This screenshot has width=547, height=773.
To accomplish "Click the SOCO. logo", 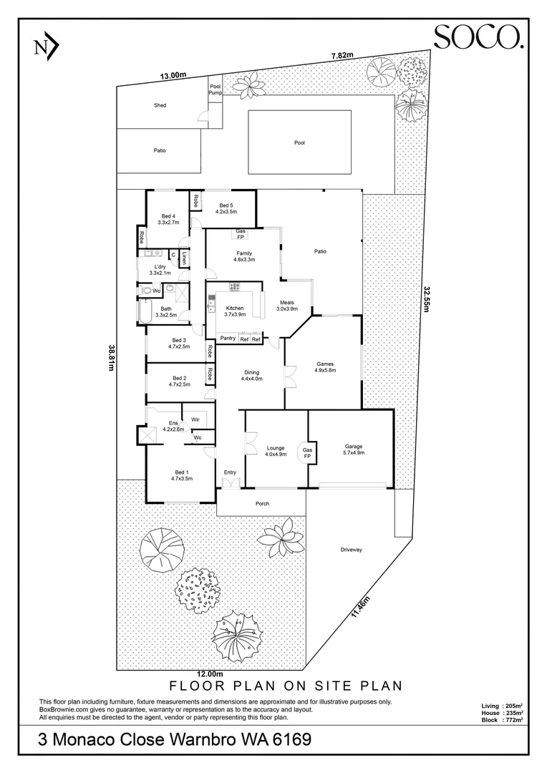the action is point(478,37).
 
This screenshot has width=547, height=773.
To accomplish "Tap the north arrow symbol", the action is point(47,47).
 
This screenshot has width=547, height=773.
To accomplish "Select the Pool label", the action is point(299,142).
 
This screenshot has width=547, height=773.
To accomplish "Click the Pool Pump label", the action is point(216,89).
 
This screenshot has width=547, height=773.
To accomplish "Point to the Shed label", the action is point(160,105).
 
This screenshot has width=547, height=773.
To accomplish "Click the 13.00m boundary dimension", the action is point(173,75).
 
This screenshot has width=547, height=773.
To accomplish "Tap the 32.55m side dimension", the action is point(427,298).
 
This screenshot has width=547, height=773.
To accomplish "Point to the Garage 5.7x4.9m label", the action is point(354,449).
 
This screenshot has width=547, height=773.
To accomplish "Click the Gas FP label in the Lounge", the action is point(307,453).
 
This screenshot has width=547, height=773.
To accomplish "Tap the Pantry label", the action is point(228,338).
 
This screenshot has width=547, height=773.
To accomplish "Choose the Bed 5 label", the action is point(226,208).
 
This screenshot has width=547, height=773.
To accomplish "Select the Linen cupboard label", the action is point(185,258).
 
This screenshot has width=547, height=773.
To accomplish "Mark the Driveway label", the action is point(352,549).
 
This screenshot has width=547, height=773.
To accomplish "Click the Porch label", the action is point(262,503).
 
